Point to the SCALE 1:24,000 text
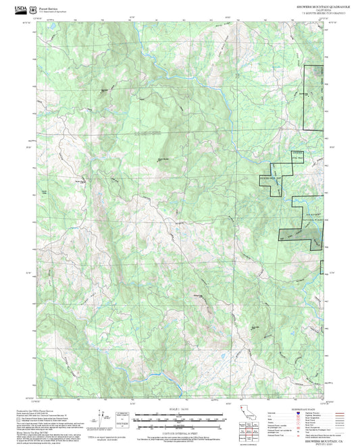[180, 409]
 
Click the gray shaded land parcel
[293, 236]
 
